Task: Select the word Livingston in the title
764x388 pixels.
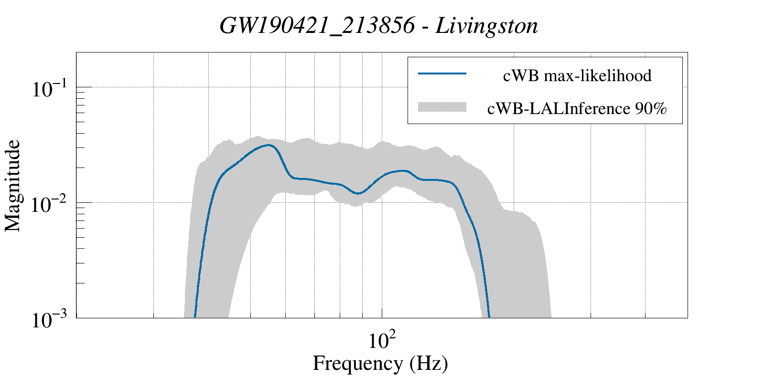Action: tap(487, 26)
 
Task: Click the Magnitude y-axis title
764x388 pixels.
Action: tap(13, 186)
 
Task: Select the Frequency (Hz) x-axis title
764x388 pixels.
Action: tap(380, 364)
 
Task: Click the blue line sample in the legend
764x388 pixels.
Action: tap(442, 73)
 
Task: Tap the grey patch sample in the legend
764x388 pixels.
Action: tap(442, 107)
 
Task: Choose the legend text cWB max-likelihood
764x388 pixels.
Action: tap(577, 75)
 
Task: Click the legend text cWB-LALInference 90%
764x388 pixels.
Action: tap(577, 109)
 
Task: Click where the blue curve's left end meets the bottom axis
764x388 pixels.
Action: tap(195, 317)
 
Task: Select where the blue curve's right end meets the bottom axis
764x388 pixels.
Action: tap(489, 317)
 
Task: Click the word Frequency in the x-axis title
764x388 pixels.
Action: tap(357, 364)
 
